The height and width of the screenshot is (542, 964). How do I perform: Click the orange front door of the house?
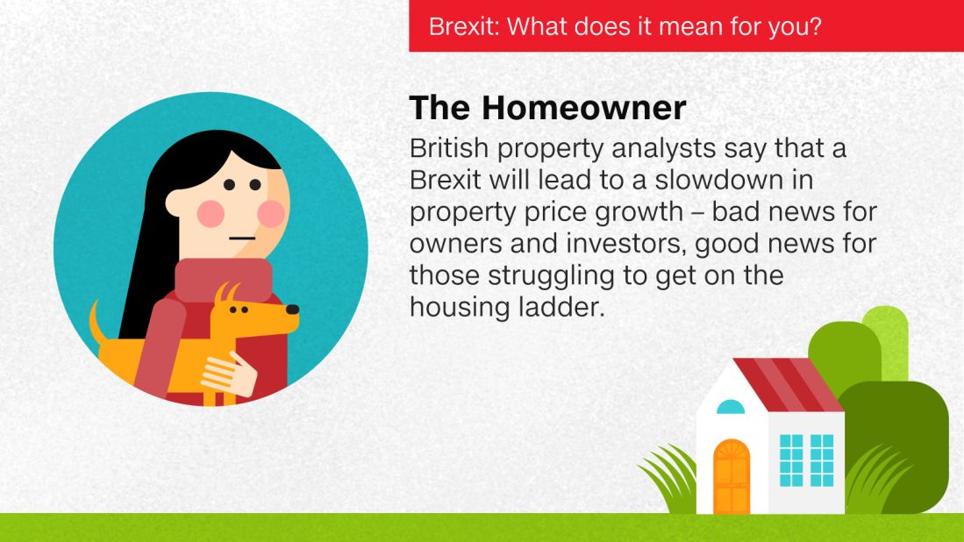click(x=732, y=477)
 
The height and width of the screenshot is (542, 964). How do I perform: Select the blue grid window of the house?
click(x=807, y=460)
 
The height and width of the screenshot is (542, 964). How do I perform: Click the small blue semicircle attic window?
click(x=731, y=407)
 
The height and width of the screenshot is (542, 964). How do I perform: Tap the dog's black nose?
click(x=293, y=309)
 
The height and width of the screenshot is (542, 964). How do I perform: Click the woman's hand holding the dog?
click(x=229, y=374)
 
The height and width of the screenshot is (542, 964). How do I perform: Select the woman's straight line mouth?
click(x=242, y=239)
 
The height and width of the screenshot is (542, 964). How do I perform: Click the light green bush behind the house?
click(x=885, y=341)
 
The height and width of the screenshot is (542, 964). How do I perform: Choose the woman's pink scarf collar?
click(x=223, y=280)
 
